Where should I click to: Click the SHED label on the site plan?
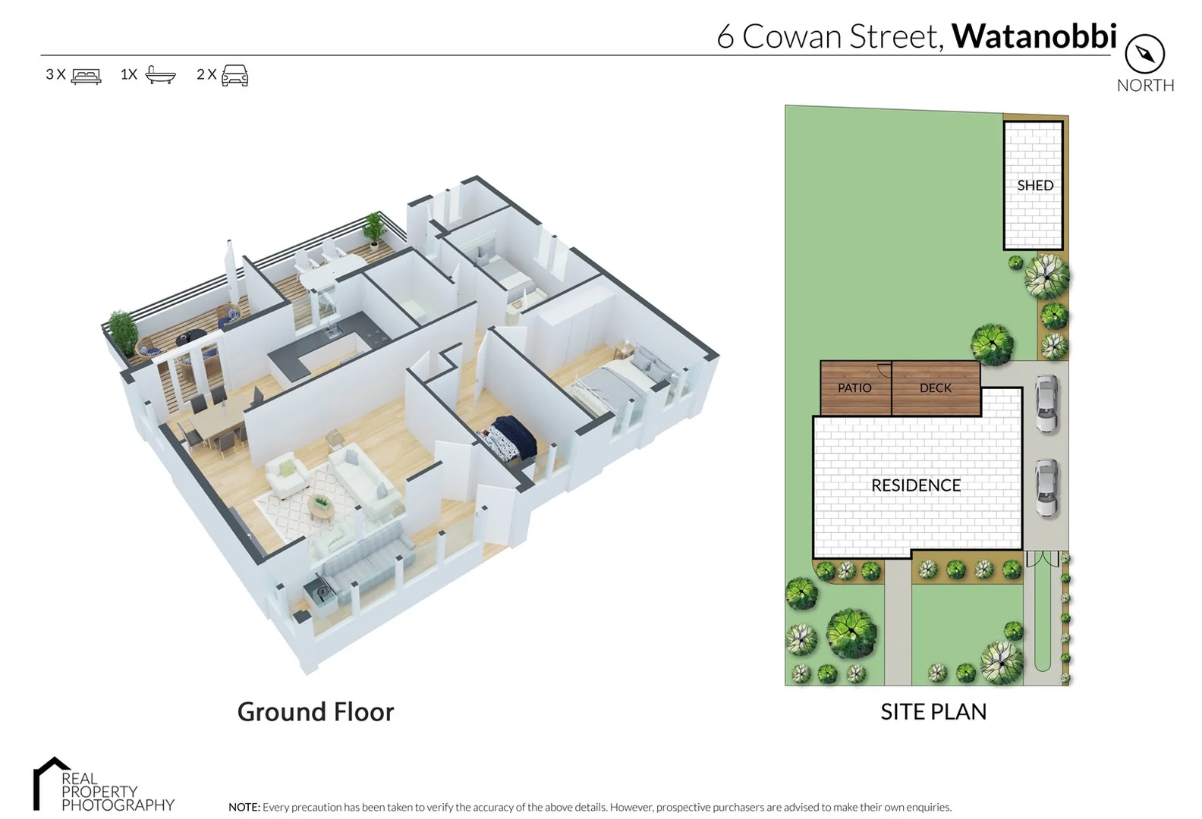1034,185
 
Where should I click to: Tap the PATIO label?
854,388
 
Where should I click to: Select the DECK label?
935,388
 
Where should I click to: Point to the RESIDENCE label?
915,485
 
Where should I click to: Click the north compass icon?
1144,54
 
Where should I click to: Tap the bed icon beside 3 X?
86,75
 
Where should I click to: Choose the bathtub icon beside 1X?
160,74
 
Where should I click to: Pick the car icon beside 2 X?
234,75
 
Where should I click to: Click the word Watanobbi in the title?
1034,36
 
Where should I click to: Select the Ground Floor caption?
316,711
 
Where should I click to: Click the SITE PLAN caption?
933,711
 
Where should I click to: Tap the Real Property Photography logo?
103,785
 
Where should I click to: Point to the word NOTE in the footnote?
244,807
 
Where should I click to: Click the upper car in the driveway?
1046,404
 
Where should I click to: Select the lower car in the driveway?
1046,488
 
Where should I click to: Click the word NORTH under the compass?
1145,85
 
